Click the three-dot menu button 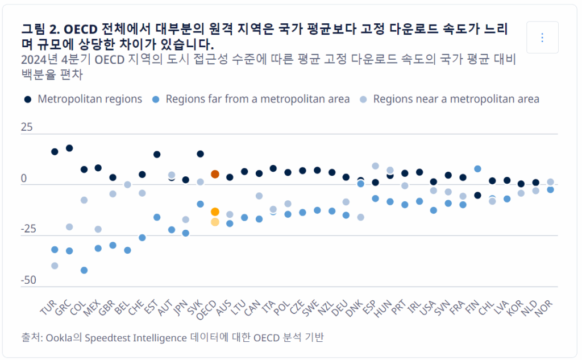tap(542, 38)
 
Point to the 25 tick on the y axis tap(27, 127)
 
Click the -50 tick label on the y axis tap(28, 280)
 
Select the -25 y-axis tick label tap(28, 229)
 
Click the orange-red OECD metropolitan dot tap(215, 174)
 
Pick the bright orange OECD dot tap(215, 212)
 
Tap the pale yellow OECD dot tap(215, 222)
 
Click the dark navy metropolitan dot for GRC tap(69, 148)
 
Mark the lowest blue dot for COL tap(84, 270)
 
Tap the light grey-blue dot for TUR tap(55, 266)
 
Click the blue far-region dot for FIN tap(477, 169)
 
